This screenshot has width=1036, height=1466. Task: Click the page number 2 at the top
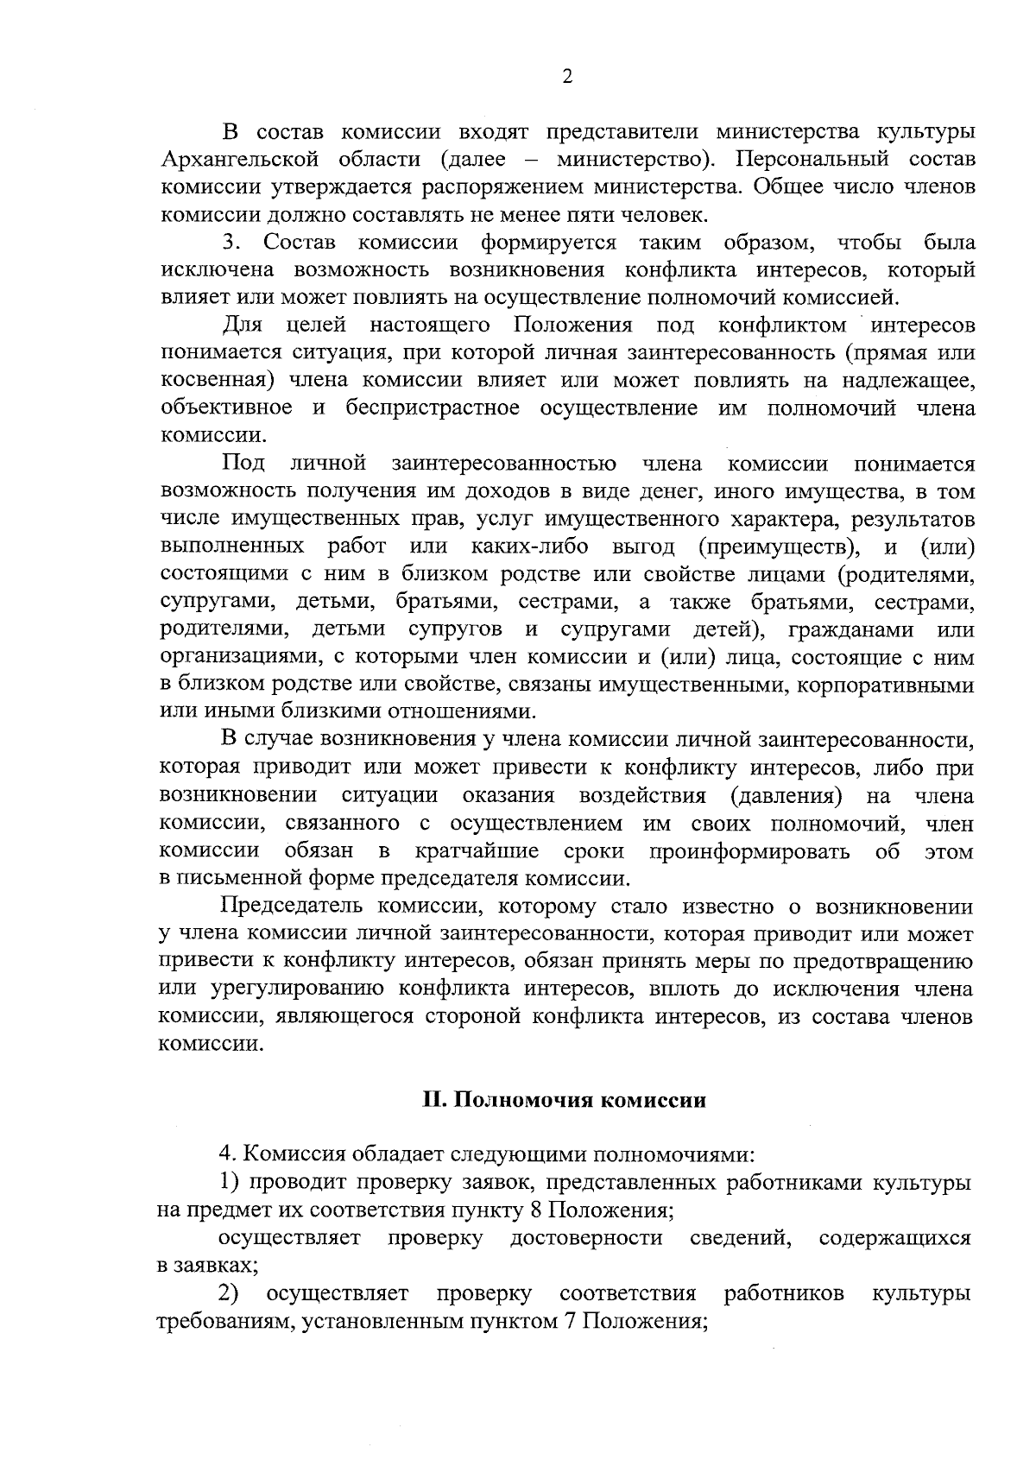point(567,77)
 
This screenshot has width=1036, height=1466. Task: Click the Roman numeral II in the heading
point(432,1101)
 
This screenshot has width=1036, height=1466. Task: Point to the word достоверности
point(586,1239)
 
